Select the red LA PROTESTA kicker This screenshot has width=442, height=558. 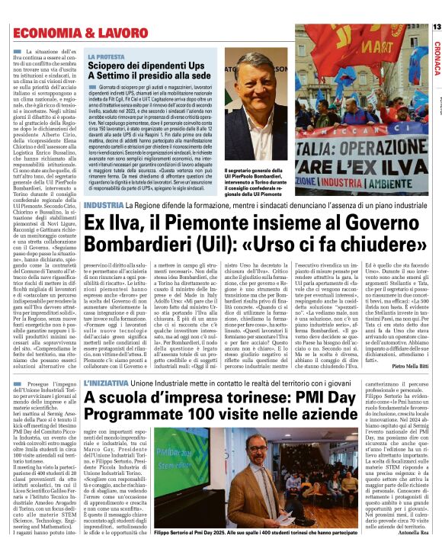coord(107,56)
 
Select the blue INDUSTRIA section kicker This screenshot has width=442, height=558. coord(105,206)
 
